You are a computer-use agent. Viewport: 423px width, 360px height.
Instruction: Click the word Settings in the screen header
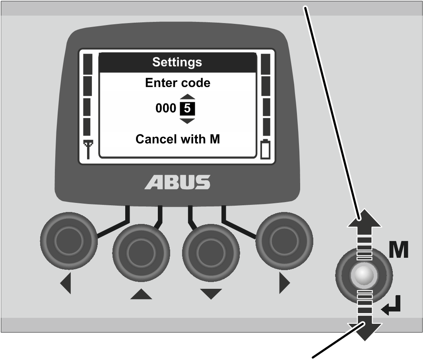point(177,62)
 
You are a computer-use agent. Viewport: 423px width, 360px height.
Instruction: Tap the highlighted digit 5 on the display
point(187,109)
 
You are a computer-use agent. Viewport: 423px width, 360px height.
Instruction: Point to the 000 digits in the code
point(166,108)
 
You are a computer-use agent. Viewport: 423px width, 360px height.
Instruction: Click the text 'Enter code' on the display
point(177,83)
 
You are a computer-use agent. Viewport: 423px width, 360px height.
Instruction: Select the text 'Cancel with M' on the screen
point(177,139)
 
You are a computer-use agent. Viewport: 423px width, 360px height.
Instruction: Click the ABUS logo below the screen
point(177,182)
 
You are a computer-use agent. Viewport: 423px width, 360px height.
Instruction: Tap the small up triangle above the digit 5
point(187,97)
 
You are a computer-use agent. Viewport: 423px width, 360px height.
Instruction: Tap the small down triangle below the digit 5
point(187,121)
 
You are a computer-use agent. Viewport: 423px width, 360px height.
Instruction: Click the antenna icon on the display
point(88,149)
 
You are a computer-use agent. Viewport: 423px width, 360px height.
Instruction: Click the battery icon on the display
point(265,149)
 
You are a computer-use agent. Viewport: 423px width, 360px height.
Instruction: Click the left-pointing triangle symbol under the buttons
point(66,283)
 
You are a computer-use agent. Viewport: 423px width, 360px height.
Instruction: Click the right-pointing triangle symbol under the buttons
point(285,283)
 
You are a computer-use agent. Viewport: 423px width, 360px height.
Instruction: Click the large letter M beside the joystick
point(399,250)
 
